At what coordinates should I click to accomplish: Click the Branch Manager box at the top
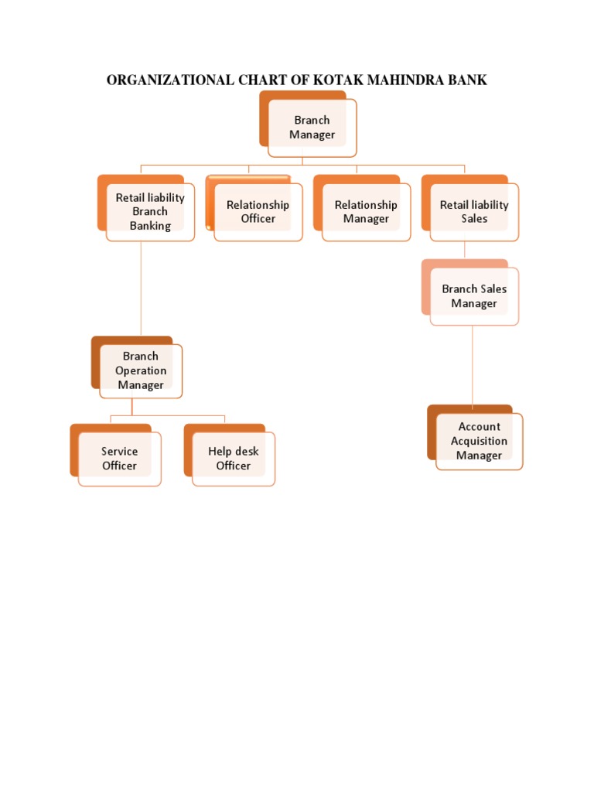point(312,128)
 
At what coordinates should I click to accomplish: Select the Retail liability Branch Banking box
point(150,212)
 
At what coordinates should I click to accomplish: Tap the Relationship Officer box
point(258,212)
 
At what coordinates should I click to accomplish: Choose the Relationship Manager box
point(366,212)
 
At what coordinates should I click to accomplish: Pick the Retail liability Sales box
point(474,212)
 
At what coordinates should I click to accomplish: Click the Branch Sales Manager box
point(474,296)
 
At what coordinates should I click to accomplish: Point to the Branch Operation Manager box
point(141,370)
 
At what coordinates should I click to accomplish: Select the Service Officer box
point(119,459)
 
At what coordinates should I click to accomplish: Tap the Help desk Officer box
point(233,459)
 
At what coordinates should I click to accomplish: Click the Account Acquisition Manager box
point(479,441)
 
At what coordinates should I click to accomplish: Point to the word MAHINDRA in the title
point(396,80)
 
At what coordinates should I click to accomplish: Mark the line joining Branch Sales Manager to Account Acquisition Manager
point(473,364)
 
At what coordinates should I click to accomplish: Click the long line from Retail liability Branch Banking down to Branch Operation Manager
point(141,286)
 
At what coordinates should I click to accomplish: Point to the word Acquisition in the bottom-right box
point(479,441)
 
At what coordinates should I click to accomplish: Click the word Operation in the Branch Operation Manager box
point(141,370)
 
